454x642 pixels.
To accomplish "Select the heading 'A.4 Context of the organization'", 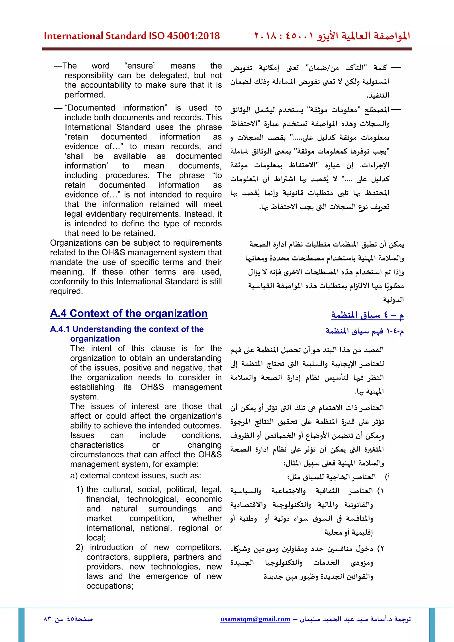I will tap(129, 313).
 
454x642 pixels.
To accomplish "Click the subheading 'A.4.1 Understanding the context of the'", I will tap(127, 329).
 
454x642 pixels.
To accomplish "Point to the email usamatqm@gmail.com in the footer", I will tap(255, 619).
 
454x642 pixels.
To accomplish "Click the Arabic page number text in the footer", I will tap(68, 619).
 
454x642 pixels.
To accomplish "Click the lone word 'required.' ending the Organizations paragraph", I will tap(66, 291).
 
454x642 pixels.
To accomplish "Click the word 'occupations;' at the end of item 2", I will tap(110, 586).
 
